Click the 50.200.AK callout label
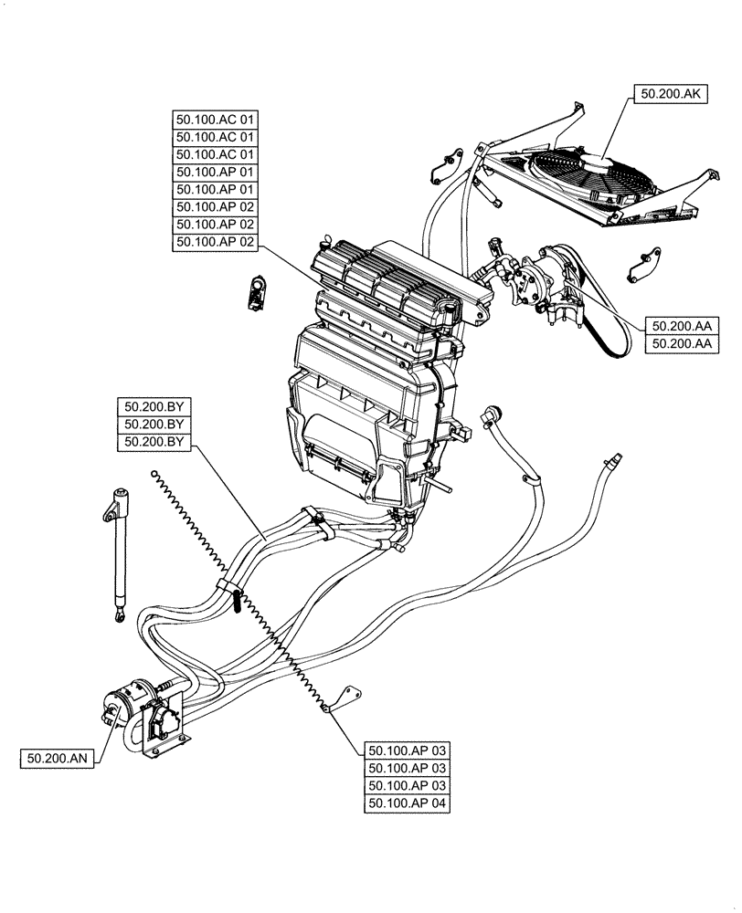[671, 92]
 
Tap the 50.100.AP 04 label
[408, 803]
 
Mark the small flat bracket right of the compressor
[641, 265]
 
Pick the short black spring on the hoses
[236, 602]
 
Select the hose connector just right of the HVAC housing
[492, 415]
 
